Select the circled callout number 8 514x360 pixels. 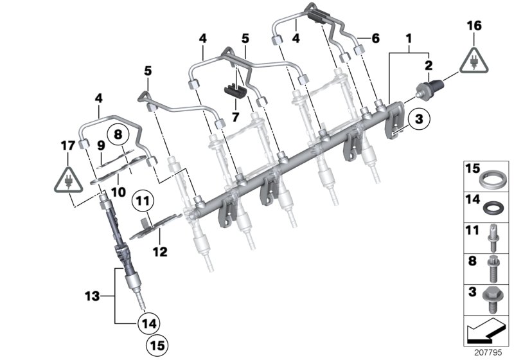(x=117, y=135)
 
